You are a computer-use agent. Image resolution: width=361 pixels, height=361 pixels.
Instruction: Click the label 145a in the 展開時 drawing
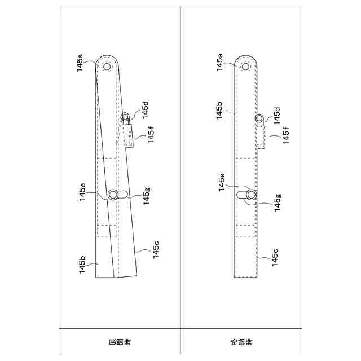80,63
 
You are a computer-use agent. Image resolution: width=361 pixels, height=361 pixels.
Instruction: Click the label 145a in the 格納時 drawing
219,63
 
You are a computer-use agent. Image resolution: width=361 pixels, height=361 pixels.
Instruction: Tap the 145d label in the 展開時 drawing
146,110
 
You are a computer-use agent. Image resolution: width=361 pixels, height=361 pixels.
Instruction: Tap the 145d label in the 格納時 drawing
277,116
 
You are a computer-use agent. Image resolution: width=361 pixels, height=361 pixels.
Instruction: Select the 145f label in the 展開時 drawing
151,135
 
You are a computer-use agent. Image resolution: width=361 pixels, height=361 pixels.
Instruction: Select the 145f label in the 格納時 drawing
286,135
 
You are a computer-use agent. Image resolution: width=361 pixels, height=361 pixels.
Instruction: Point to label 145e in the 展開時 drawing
82,192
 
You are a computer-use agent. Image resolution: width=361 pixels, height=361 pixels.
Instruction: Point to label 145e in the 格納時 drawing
222,182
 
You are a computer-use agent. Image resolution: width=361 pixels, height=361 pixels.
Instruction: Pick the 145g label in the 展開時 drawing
146,196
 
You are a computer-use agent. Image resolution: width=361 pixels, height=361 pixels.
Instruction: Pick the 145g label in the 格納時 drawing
278,203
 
